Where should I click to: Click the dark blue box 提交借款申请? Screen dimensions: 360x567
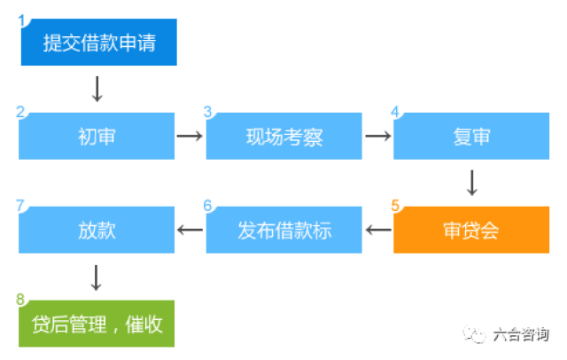point(98,42)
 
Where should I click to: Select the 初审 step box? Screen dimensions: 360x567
point(97,137)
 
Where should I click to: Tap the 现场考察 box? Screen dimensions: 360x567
point(283,137)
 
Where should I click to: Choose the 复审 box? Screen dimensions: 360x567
point(471,137)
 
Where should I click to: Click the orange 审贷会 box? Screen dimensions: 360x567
point(471,231)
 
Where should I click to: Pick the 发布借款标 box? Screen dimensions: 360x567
point(283,231)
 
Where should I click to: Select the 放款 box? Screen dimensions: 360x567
point(97,231)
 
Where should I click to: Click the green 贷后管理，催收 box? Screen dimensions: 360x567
point(97,324)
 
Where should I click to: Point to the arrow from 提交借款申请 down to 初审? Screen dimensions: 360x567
point(97,89)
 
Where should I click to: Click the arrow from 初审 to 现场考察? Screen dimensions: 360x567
point(190,137)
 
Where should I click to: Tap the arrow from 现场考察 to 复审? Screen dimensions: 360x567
point(377,137)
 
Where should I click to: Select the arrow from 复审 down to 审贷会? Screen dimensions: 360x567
point(471,183)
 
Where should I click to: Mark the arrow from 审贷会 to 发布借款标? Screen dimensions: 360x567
point(377,231)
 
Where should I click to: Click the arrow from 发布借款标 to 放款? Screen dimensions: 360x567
point(190,231)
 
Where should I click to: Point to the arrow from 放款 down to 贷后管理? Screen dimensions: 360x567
point(97,277)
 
